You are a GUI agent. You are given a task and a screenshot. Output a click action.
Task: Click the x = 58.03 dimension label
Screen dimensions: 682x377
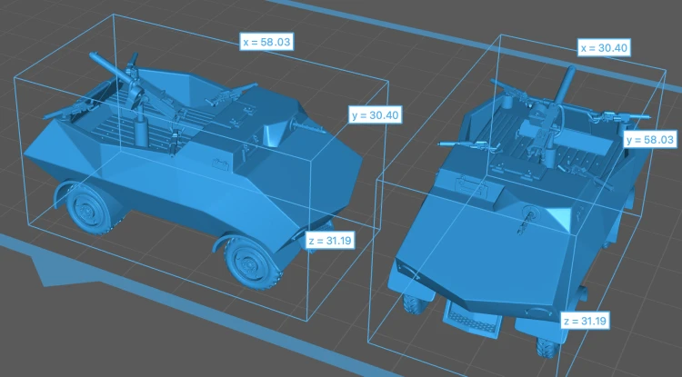(x=266, y=42)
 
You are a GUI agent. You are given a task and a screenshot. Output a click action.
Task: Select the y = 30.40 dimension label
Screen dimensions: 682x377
(x=375, y=115)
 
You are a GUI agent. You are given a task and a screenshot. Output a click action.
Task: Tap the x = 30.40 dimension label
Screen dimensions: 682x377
(x=604, y=47)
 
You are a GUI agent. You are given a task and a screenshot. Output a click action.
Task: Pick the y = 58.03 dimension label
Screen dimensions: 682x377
(x=650, y=139)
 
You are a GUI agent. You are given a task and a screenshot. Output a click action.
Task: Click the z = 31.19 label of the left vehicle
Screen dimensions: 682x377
(x=330, y=240)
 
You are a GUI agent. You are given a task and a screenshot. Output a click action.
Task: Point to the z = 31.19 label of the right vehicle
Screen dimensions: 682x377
(x=585, y=321)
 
